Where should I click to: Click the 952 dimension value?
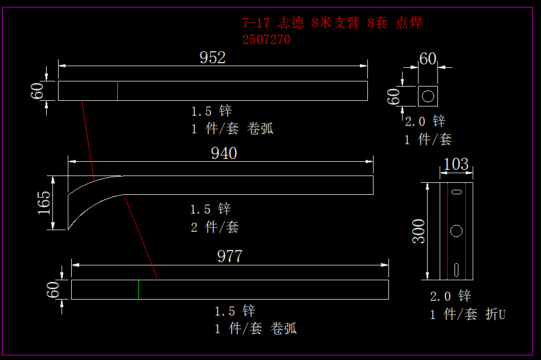point(212,58)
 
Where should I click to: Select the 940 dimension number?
point(224,153)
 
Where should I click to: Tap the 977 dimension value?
point(229,256)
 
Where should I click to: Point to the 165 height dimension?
point(44,203)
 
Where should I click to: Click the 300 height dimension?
point(419,231)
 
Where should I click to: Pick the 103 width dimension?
point(456,165)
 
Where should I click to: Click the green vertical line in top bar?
point(118,91)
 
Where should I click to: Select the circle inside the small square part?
point(428,96)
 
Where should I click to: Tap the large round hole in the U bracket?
point(456,231)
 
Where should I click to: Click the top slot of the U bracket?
point(456,193)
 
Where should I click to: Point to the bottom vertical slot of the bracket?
point(456,268)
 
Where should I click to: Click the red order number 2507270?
point(266,40)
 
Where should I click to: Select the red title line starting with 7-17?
point(332,23)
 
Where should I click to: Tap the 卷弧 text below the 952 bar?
point(260,129)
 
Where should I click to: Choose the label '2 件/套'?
point(214,227)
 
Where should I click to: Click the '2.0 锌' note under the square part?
point(425,121)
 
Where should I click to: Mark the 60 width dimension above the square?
point(428,59)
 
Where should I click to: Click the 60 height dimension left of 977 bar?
point(54,289)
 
